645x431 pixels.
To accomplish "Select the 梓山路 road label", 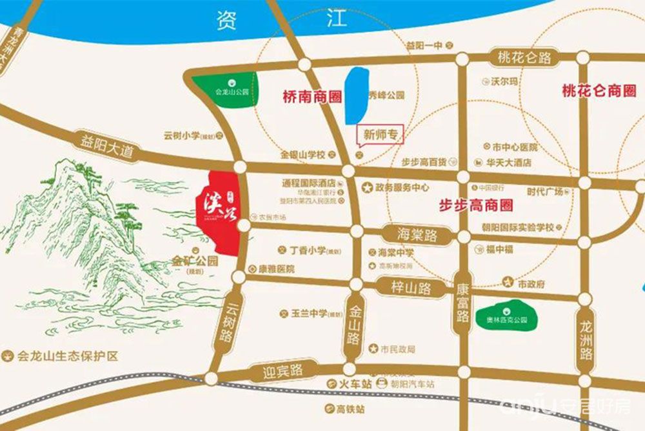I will tap(411, 286).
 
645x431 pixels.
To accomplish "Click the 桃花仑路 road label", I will tap(524, 58).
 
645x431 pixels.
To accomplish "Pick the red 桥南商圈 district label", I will tap(312, 97).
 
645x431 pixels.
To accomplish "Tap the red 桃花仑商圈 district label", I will tap(599, 92).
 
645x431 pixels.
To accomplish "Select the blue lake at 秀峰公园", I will tap(355, 97).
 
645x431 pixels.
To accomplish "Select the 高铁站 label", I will tap(351, 409).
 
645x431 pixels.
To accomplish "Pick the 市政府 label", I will tap(532, 283).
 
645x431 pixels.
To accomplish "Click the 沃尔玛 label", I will tap(505, 82).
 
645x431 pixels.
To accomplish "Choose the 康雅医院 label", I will tap(276, 268).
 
